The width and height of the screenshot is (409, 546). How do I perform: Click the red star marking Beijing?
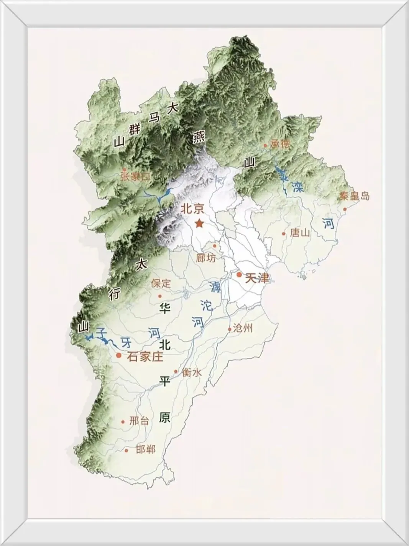point(199,223)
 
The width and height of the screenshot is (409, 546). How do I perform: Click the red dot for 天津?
point(239,275)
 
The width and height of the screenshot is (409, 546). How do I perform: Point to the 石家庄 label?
point(145,357)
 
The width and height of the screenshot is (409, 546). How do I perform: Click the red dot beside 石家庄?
point(119,355)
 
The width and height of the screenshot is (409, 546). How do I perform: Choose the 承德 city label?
point(280,144)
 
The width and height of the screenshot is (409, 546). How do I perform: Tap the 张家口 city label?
point(136,176)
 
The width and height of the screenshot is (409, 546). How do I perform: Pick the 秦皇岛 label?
point(355,196)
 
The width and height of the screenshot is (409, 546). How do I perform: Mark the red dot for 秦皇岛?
point(345,209)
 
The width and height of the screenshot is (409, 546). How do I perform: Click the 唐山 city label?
point(300,233)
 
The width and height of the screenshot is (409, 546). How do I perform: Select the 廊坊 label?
point(206,258)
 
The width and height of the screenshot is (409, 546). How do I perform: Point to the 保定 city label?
point(161,284)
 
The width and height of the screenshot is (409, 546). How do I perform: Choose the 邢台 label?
point(139,421)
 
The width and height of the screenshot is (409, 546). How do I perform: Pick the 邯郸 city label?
point(146,449)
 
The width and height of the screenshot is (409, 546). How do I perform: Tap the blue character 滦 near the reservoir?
point(297,187)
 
